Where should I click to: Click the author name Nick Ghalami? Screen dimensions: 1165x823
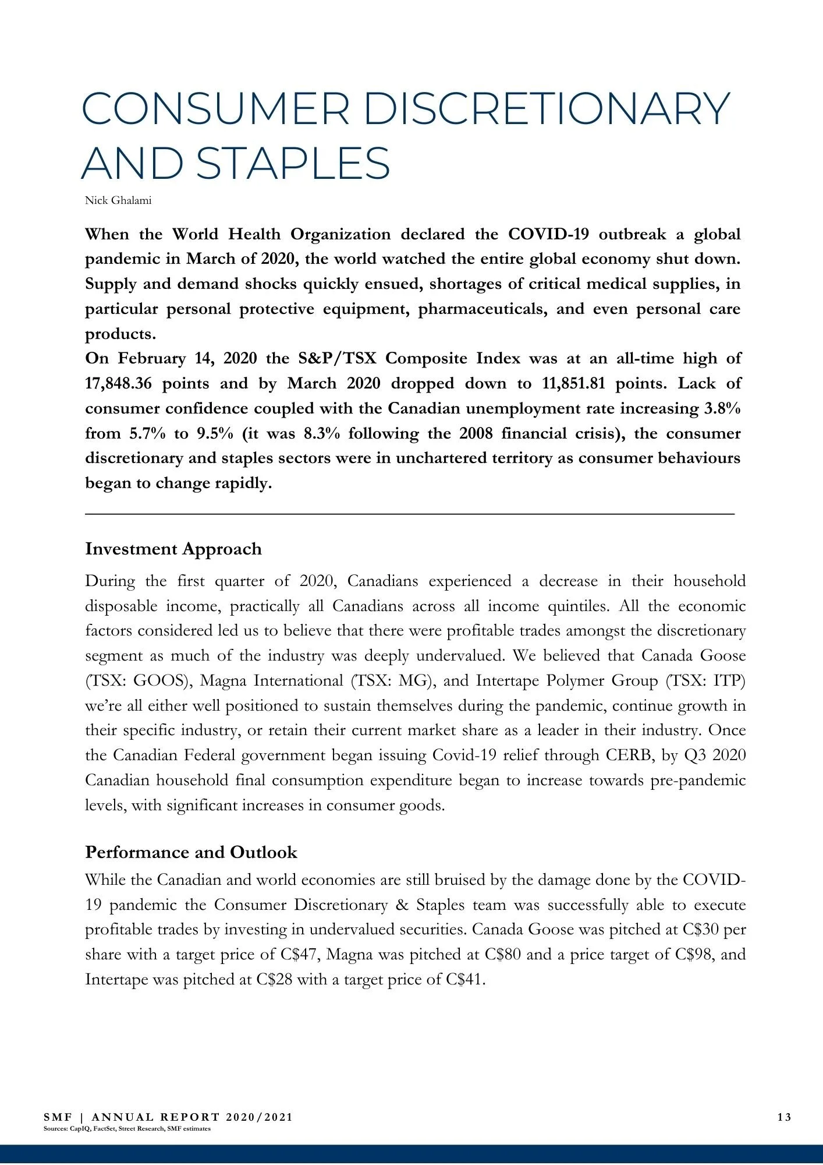(x=118, y=201)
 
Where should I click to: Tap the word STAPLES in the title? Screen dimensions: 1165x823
(x=293, y=163)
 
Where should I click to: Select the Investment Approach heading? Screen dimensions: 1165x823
(x=173, y=549)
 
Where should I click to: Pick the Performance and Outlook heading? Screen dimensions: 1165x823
(x=191, y=852)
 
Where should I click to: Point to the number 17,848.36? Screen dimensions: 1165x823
(x=119, y=383)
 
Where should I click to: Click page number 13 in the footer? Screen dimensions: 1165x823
(x=784, y=1117)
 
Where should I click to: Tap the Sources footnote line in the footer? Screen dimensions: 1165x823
(x=127, y=1128)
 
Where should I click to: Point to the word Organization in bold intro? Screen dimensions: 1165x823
(x=340, y=234)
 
